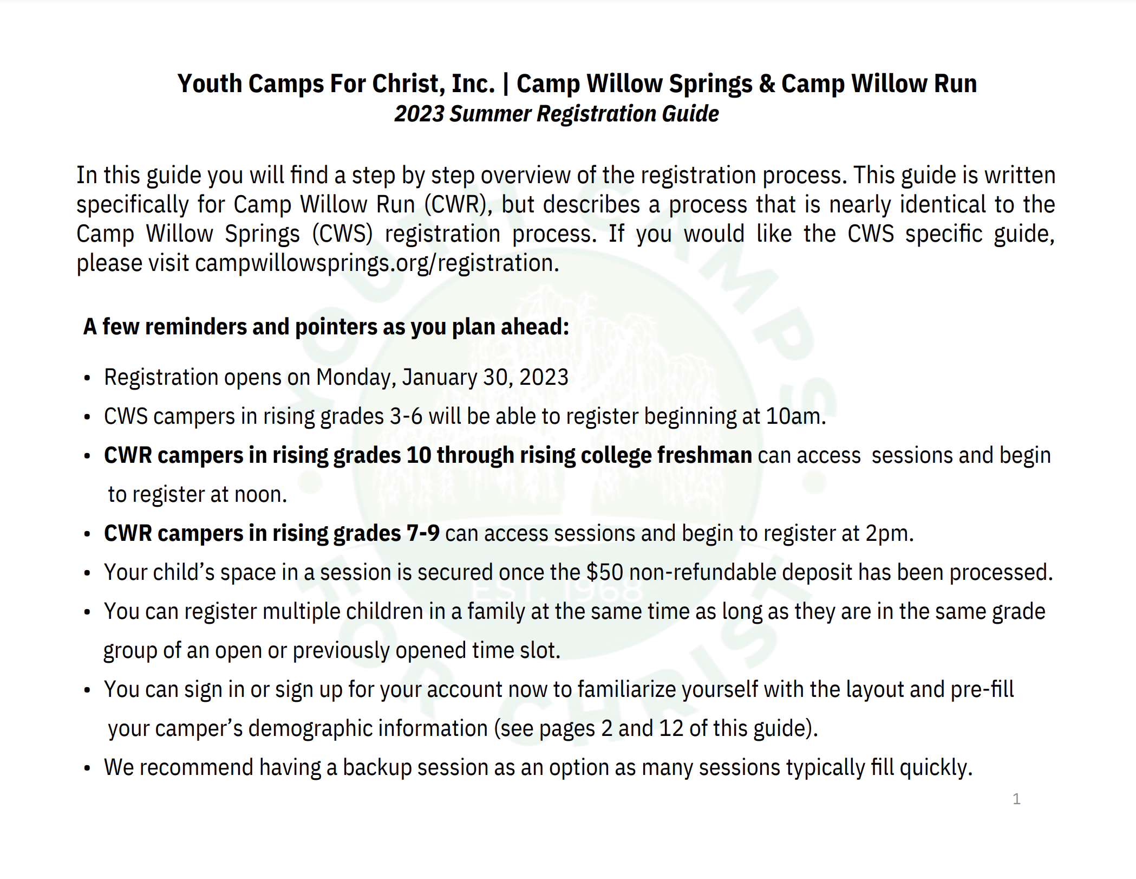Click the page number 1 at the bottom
coord(1016,799)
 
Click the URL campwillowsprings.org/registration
coord(377,263)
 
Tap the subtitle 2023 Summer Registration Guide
coord(557,114)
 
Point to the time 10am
coord(796,416)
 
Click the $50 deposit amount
coord(605,572)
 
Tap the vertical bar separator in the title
coord(506,84)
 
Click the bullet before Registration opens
coord(87,378)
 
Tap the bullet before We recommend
coord(87,768)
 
